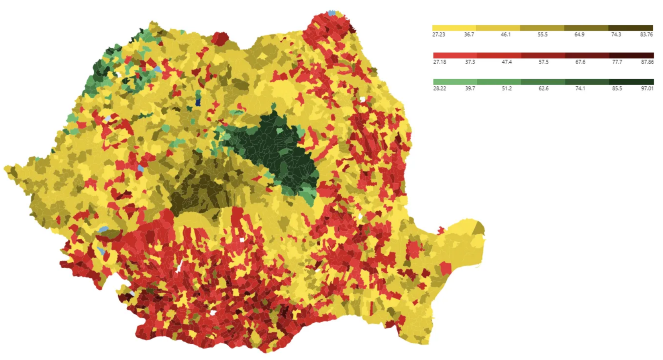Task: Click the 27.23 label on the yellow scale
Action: coord(439,35)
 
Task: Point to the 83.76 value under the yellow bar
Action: coord(646,35)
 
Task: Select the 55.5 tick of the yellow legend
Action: coord(543,35)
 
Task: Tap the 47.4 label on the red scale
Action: coord(506,62)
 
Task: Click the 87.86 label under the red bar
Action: coord(647,62)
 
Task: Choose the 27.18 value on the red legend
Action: coord(439,62)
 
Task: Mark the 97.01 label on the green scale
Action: coord(647,89)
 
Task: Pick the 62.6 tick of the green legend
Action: coord(543,89)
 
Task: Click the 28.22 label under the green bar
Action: coord(439,89)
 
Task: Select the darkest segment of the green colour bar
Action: coord(631,82)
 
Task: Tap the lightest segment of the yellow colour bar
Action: coord(454,28)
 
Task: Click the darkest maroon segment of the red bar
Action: coord(632,55)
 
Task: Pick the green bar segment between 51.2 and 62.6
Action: coord(543,82)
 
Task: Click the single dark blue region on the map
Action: coord(198,102)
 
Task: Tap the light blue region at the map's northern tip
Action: coord(332,13)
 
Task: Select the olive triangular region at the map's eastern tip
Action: coord(480,228)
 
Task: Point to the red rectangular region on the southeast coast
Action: coord(445,269)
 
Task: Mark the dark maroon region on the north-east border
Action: coord(352,29)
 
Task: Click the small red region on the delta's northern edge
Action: coord(441,230)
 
